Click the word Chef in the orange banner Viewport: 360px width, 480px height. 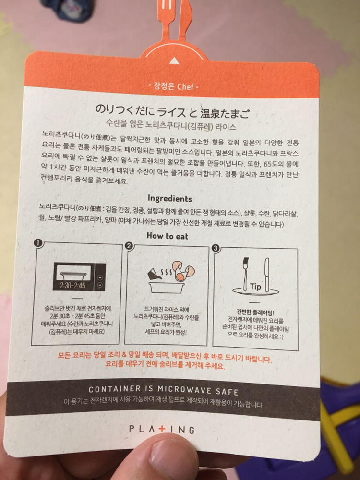click(x=185, y=86)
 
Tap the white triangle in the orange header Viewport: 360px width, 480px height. click(x=174, y=60)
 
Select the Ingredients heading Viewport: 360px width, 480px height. click(x=169, y=199)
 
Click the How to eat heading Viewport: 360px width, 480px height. click(x=168, y=236)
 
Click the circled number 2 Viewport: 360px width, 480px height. click(x=130, y=246)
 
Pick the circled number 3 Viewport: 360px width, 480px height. click(x=216, y=248)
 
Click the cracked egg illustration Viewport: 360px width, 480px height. click(x=183, y=271)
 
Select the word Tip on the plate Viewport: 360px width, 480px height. click(x=256, y=287)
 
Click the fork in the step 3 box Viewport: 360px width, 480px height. click(x=245, y=274)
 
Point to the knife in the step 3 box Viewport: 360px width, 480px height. click(x=267, y=275)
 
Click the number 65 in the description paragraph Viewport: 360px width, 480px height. click(x=268, y=163)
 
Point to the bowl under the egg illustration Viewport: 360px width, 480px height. click(x=167, y=288)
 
